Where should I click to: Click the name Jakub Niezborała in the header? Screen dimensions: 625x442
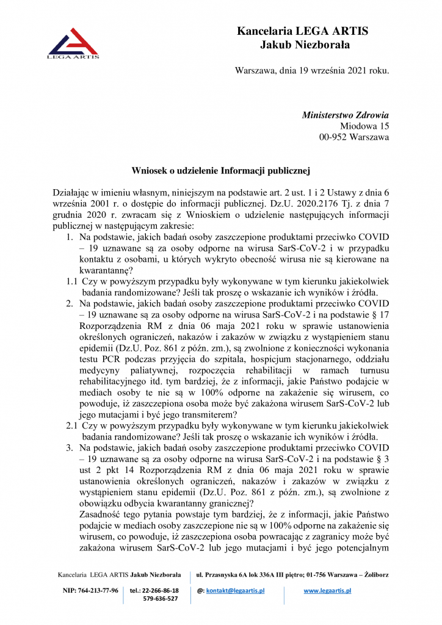(x=305, y=44)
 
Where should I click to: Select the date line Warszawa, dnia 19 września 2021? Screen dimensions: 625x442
(x=311, y=70)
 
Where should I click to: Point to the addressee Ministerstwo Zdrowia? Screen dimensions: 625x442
(x=346, y=115)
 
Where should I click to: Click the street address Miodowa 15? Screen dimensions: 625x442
(x=364, y=126)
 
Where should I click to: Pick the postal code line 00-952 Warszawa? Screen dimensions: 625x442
(x=354, y=137)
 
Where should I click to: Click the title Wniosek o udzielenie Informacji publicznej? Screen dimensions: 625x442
(x=220, y=171)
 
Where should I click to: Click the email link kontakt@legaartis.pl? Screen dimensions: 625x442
(x=235, y=591)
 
